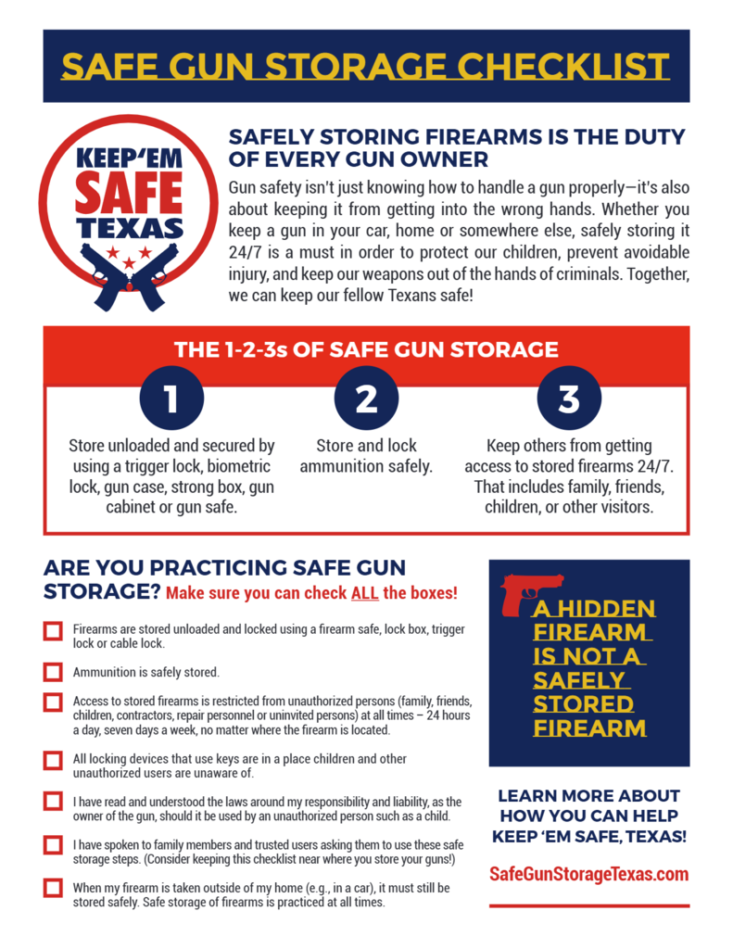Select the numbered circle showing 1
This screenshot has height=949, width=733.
(171, 398)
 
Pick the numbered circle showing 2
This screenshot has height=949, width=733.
(367, 398)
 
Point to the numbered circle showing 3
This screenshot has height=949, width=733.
(569, 398)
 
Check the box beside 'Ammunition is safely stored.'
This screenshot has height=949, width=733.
(53, 672)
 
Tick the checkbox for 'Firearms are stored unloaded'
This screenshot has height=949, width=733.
(53, 631)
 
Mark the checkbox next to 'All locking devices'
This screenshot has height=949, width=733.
(53, 760)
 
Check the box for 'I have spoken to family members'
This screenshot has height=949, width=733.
(53, 844)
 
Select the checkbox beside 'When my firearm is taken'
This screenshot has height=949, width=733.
(53, 888)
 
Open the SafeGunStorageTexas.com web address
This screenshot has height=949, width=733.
(588, 874)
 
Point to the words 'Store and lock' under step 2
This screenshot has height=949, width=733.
(366, 446)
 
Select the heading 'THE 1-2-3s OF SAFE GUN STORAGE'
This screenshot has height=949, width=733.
(366, 350)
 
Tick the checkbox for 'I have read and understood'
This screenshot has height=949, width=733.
(53, 801)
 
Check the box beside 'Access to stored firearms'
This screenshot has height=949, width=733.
(53, 702)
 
